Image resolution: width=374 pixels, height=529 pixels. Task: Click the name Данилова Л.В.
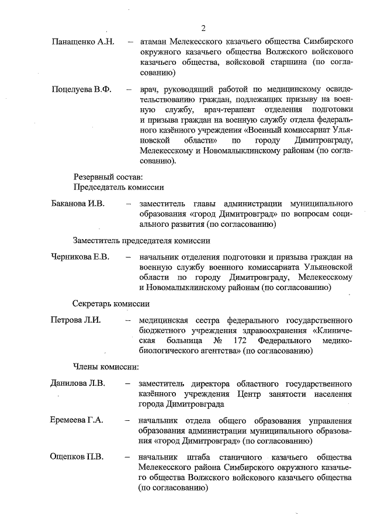[x=77, y=383]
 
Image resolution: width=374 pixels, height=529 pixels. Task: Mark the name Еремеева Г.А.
[x=76, y=420]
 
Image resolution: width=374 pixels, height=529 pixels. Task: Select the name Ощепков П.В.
[x=76, y=457]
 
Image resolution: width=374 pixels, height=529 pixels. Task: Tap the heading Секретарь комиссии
[x=111, y=303]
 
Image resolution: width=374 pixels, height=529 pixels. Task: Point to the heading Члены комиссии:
[x=105, y=367]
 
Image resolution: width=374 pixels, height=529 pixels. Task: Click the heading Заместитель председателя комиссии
[x=141, y=240]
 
